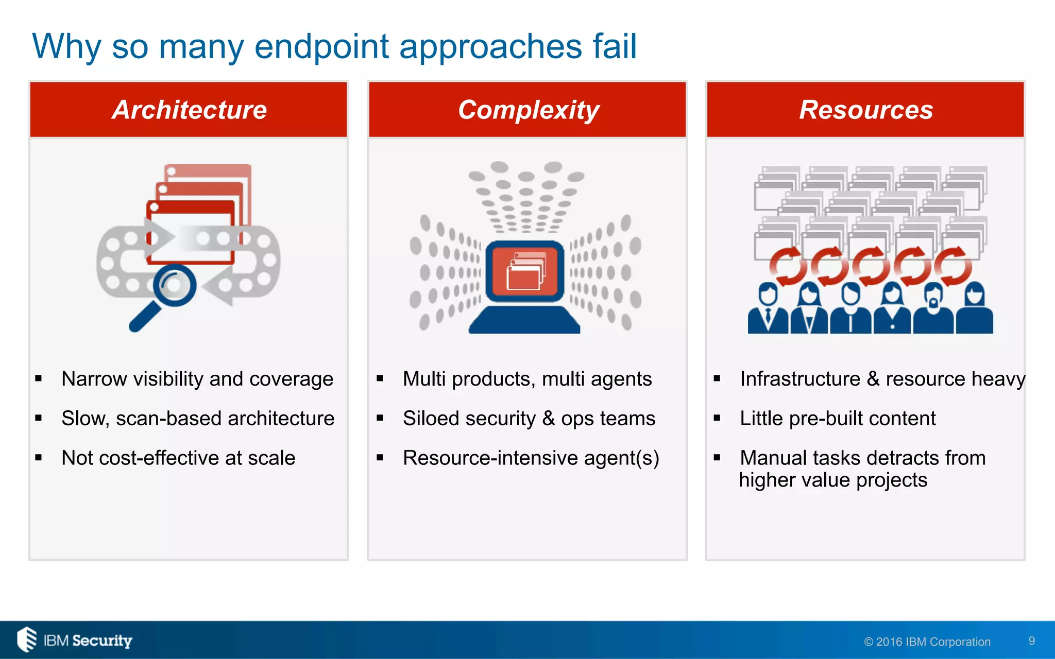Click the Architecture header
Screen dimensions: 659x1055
point(189,110)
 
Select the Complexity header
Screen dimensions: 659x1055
point(529,110)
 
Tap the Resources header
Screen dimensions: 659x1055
point(866,110)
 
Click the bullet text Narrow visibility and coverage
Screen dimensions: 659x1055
point(197,379)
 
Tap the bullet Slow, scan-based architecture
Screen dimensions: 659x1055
point(197,419)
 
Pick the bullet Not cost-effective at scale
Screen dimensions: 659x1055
point(178,458)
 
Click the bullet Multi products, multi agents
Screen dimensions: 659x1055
point(527,379)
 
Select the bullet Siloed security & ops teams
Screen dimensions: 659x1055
point(529,419)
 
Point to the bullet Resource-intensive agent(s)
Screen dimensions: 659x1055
point(531,458)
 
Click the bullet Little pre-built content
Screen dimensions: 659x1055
point(838,419)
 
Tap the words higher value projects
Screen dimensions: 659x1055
point(833,480)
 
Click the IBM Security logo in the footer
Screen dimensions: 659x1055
point(75,640)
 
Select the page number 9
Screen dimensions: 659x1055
point(1031,641)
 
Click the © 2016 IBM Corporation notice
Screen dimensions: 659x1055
point(927,642)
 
